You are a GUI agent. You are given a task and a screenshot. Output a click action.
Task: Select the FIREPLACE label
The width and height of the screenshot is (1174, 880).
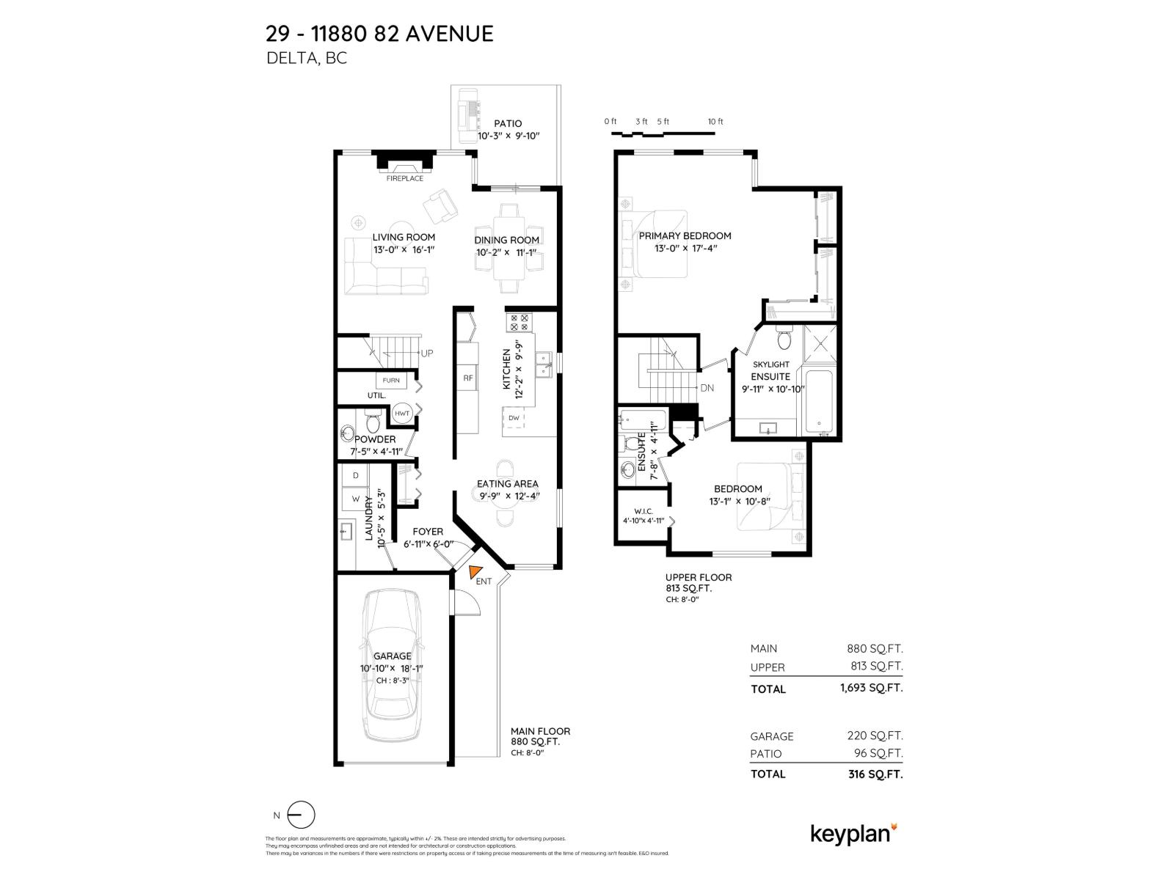(x=405, y=178)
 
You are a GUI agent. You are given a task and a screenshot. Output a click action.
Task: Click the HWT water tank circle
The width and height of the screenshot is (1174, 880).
(x=402, y=414)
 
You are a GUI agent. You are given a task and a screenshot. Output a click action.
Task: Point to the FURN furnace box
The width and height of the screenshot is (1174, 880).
(x=391, y=381)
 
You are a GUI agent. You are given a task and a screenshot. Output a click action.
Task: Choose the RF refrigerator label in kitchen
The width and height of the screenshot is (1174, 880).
(x=467, y=378)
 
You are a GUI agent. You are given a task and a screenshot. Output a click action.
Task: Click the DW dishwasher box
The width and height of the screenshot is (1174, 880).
(x=514, y=418)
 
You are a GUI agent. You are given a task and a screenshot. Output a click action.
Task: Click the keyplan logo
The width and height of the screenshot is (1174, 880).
(x=853, y=834)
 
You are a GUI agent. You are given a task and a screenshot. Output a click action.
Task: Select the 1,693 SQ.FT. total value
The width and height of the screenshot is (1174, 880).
(x=871, y=688)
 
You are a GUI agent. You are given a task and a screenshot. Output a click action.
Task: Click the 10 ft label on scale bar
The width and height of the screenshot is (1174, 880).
(x=715, y=122)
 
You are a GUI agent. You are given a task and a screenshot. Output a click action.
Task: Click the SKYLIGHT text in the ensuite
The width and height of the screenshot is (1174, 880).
(x=770, y=364)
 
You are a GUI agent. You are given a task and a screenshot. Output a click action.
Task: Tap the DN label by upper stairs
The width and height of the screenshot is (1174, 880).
(x=707, y=389)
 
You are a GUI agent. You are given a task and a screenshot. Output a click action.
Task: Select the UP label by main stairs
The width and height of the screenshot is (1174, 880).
(x=426, y=353)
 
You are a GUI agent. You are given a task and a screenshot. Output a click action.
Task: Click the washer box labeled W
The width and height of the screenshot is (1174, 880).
(x=356, y=499)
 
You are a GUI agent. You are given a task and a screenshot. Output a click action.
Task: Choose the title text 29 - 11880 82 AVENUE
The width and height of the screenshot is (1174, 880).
(x=379, y=34)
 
